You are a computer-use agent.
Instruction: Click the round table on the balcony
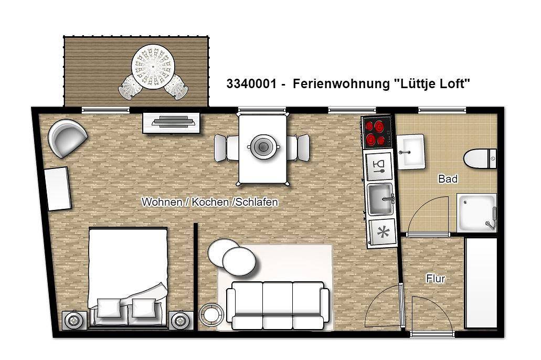point(153,65)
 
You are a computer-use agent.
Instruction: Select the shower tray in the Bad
point(476,213)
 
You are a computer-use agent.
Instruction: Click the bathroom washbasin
point(410,152)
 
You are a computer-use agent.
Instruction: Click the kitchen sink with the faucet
point(380,199)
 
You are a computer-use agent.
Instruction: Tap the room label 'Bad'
point(448,179)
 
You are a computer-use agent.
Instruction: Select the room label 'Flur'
point(436,279)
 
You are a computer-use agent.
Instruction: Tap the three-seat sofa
point(278,305)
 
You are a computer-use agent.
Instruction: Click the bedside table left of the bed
point(75,319)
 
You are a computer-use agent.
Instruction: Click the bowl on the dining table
point(262,146)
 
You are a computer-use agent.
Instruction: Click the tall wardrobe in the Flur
point(481,283)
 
